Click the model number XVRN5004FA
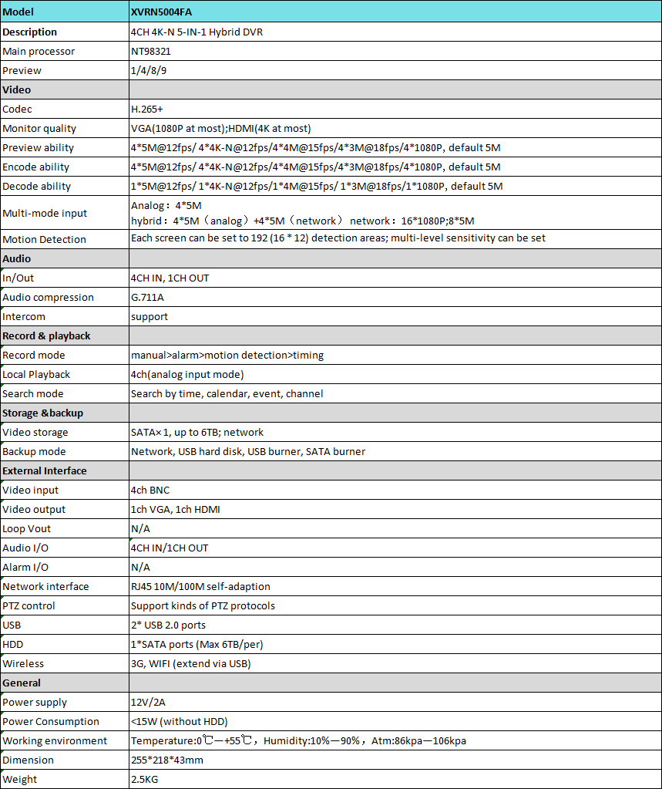pos(163,12)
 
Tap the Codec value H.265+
pos(147,110)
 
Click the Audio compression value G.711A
pos(147,298)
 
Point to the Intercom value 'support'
pos(150,317)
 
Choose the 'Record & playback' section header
pos(46,336)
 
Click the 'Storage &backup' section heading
pos(43,413)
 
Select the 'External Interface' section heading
pos(45,471)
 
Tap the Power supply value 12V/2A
pos(148,703)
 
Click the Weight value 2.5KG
pos(146,780)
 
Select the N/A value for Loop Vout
pos(141,529)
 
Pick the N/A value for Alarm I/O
pos(141,568)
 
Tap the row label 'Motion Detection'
pos(45,240)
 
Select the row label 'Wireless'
pos(23,664)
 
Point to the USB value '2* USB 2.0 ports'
pos(168,625)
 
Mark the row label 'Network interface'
pos(45,587)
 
